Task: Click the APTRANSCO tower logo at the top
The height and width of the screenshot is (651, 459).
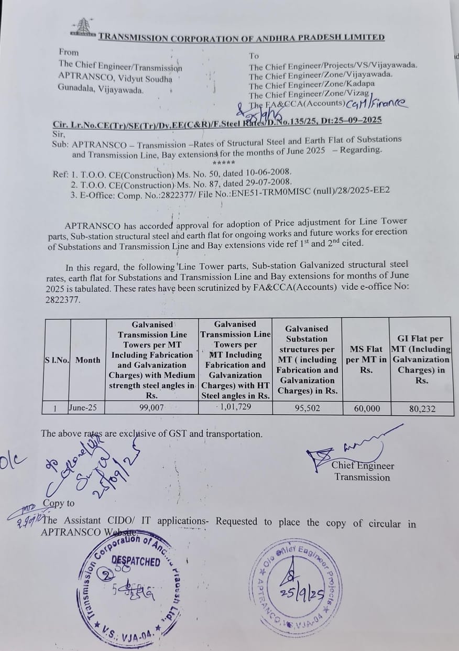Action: pos(82,28)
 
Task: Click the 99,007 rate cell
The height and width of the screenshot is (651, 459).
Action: pos(151,408)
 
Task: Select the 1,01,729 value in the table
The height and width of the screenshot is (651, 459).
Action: pos(235,408)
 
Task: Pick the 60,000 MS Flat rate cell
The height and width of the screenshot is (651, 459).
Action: pos(367,408)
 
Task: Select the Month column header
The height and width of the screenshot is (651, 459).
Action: pos(88,360)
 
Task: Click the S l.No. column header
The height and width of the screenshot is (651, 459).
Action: pos(57,360)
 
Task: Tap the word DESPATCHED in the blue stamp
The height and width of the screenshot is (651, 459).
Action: pos(136,562)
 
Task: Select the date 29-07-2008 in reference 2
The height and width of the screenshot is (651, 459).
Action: pos(267,182)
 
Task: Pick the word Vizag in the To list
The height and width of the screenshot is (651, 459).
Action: pos(362,95)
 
